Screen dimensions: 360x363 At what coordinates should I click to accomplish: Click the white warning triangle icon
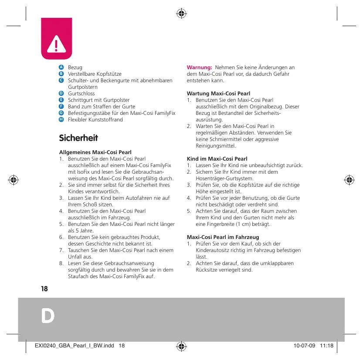(x=55, y=44)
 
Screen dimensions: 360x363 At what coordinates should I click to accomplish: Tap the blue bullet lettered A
(x=61, y=67)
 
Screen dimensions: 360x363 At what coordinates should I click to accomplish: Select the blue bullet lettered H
(x=61, y=119)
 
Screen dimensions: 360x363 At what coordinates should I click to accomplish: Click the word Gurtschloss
(x=81, y=94)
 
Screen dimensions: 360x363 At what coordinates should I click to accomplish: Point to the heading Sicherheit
(x=78, y=138)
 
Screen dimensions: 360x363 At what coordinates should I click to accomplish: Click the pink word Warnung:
(x=199, y=67)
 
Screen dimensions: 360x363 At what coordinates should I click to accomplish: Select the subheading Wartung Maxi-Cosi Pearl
(x=218, y=94)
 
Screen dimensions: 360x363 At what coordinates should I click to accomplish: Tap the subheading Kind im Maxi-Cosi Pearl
(x=217, y=159)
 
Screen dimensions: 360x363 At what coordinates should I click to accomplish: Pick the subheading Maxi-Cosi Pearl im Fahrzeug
(x=220, y=237)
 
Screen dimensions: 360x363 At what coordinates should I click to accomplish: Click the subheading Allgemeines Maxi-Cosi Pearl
(x=95, y=152)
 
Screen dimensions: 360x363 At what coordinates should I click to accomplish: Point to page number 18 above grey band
(x=44, y=289)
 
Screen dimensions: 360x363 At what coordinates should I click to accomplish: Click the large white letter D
(x=48, y=316)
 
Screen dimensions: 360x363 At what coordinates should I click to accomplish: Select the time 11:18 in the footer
(x=326, y=346)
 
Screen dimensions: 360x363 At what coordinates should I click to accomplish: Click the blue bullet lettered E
(x=61, y=100)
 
